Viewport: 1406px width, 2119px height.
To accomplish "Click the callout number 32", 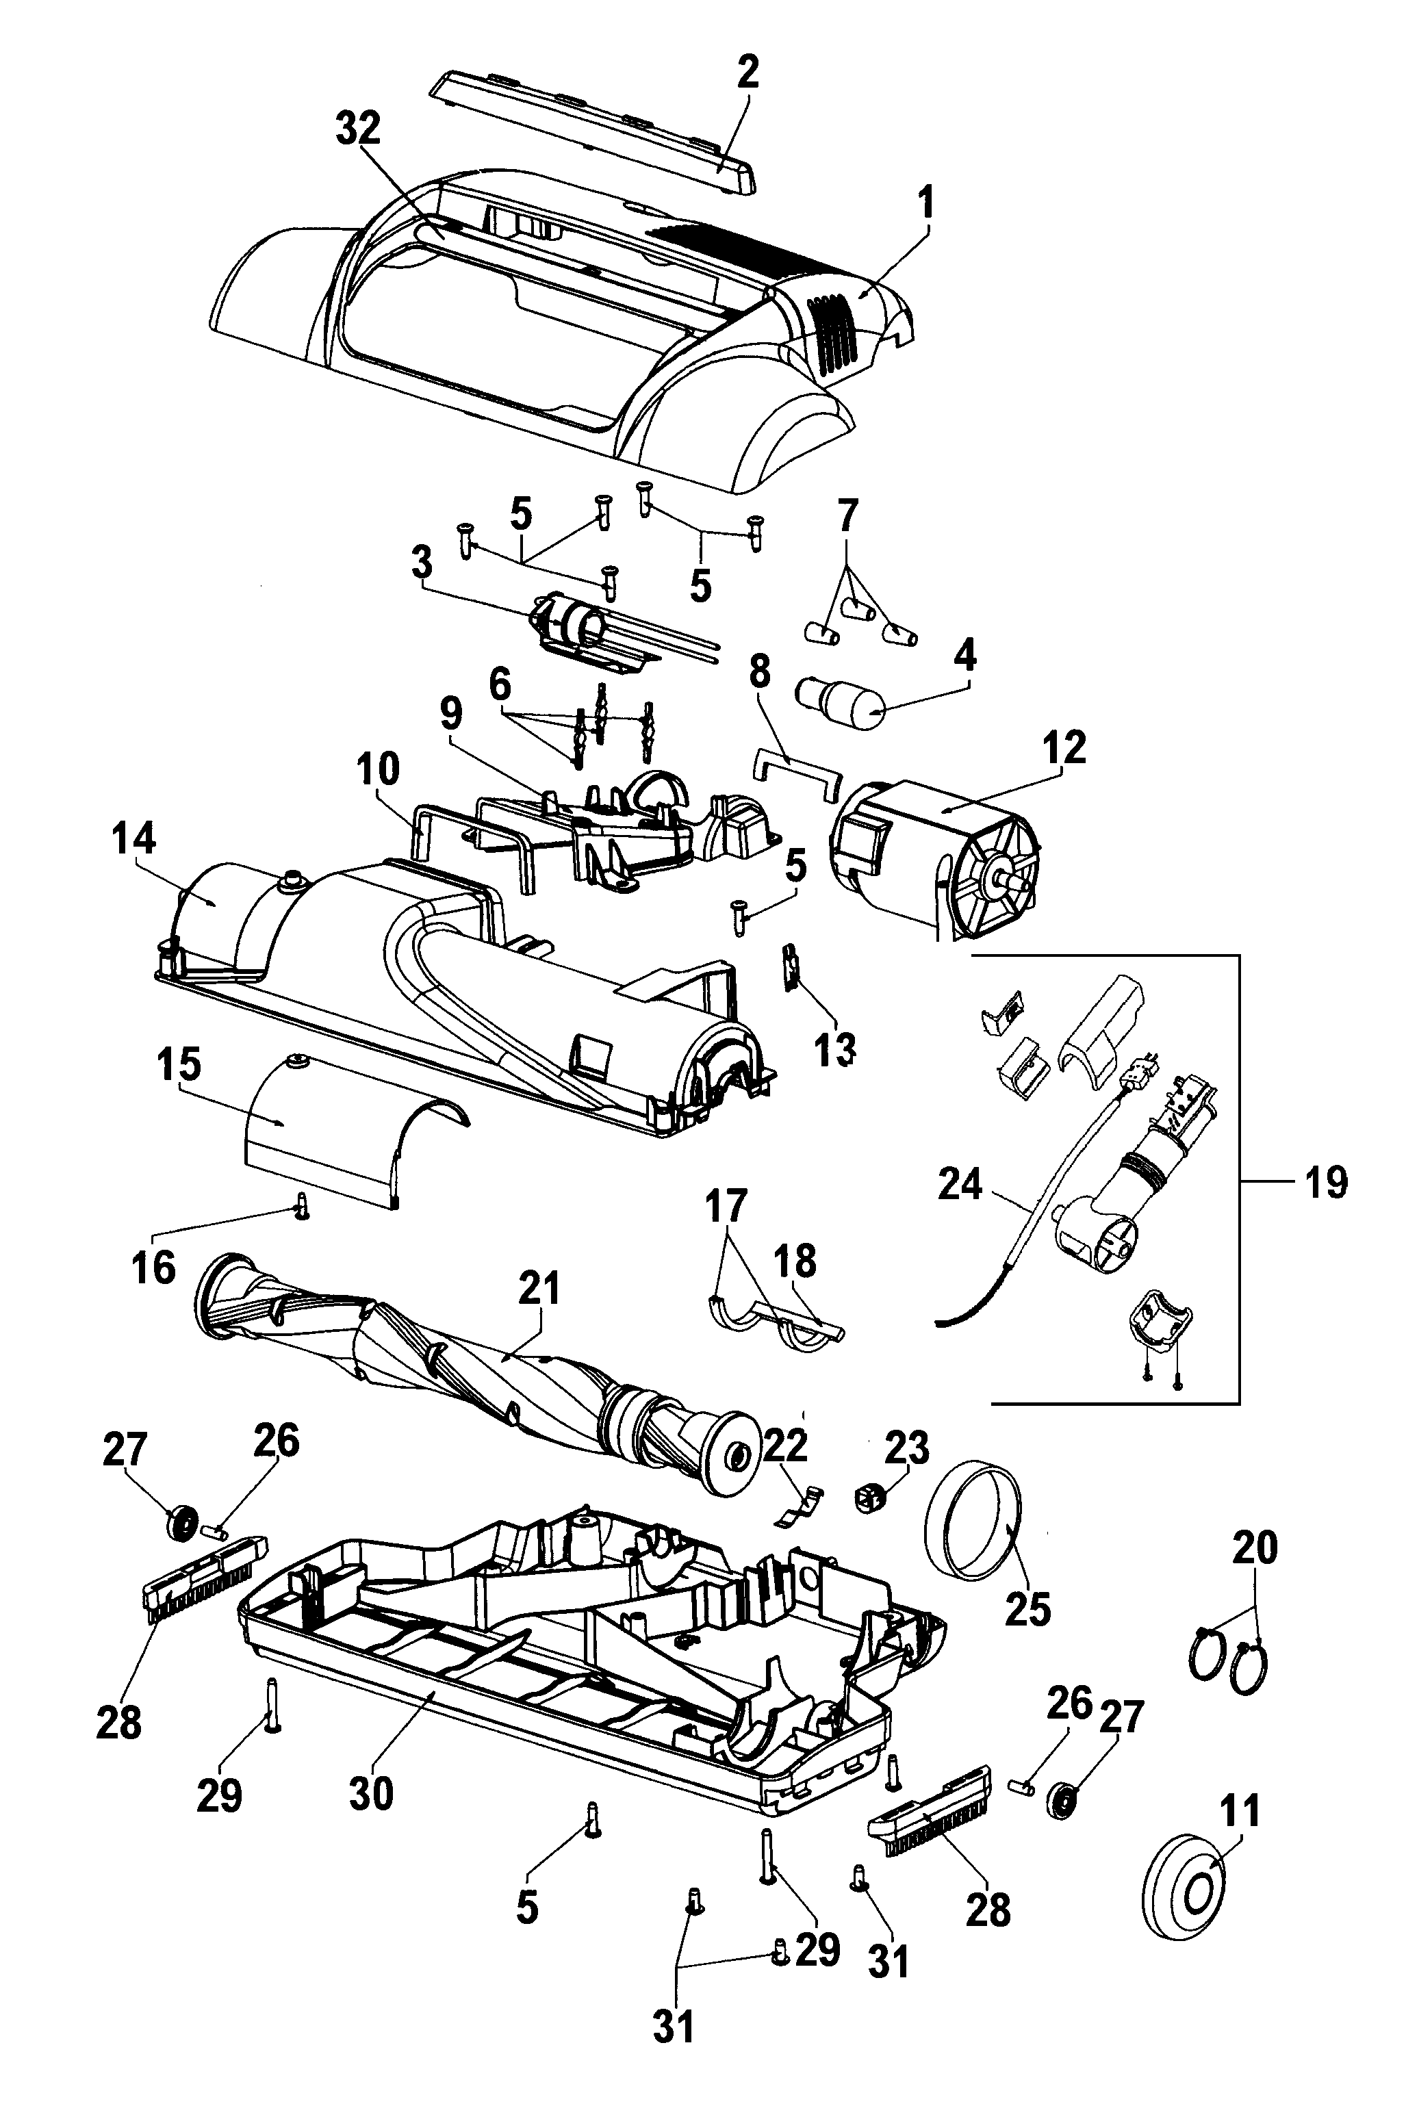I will tap(358, 131).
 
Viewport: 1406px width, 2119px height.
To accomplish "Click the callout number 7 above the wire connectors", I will tap(847, 517).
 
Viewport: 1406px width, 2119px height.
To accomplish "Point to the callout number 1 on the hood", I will tap(926, 203).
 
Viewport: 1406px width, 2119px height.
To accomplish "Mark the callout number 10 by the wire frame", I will tap(376, 770).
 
